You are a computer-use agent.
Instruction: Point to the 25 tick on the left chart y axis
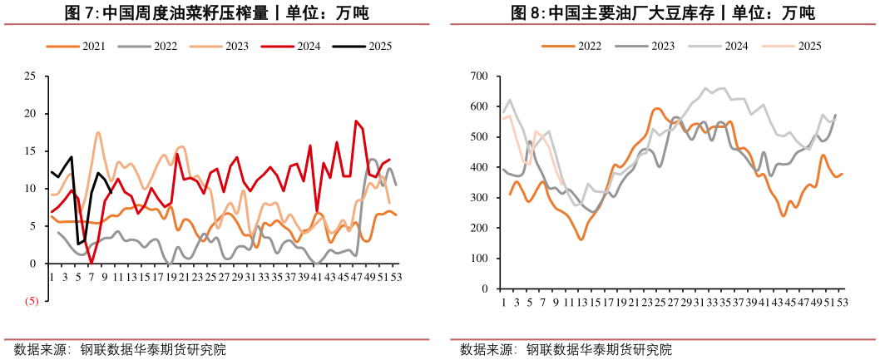click(30, 76)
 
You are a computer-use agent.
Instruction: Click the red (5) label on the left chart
click(29, 301)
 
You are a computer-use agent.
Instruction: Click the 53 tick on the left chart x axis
click(396, 277)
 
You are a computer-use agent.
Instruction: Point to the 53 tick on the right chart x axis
click(842, 301)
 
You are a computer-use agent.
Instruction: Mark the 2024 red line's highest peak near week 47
click(356, 121)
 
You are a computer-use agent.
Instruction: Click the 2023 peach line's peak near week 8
click(98, 132)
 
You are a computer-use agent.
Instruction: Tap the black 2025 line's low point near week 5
click(78, 244)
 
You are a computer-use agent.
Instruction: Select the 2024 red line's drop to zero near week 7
click(91, 263)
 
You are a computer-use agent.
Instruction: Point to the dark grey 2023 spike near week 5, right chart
click(530, 142)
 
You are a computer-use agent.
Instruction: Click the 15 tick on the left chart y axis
click(30, 151)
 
